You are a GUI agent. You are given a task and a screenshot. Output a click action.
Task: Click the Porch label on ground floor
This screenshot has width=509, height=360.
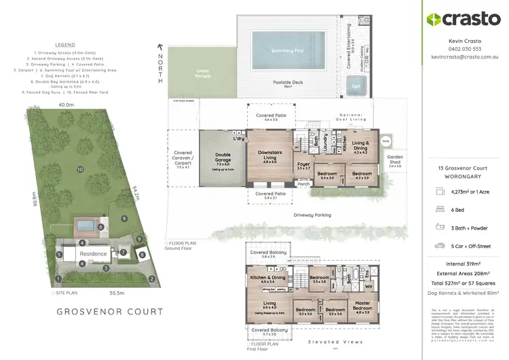pos(303,183)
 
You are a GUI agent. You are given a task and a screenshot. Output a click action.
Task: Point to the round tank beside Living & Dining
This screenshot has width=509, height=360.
pos(385,141)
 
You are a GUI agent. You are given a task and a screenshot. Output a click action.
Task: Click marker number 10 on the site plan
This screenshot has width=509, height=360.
pos(79,169)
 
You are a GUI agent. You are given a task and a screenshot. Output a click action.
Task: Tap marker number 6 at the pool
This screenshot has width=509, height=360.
pos(100,228)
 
